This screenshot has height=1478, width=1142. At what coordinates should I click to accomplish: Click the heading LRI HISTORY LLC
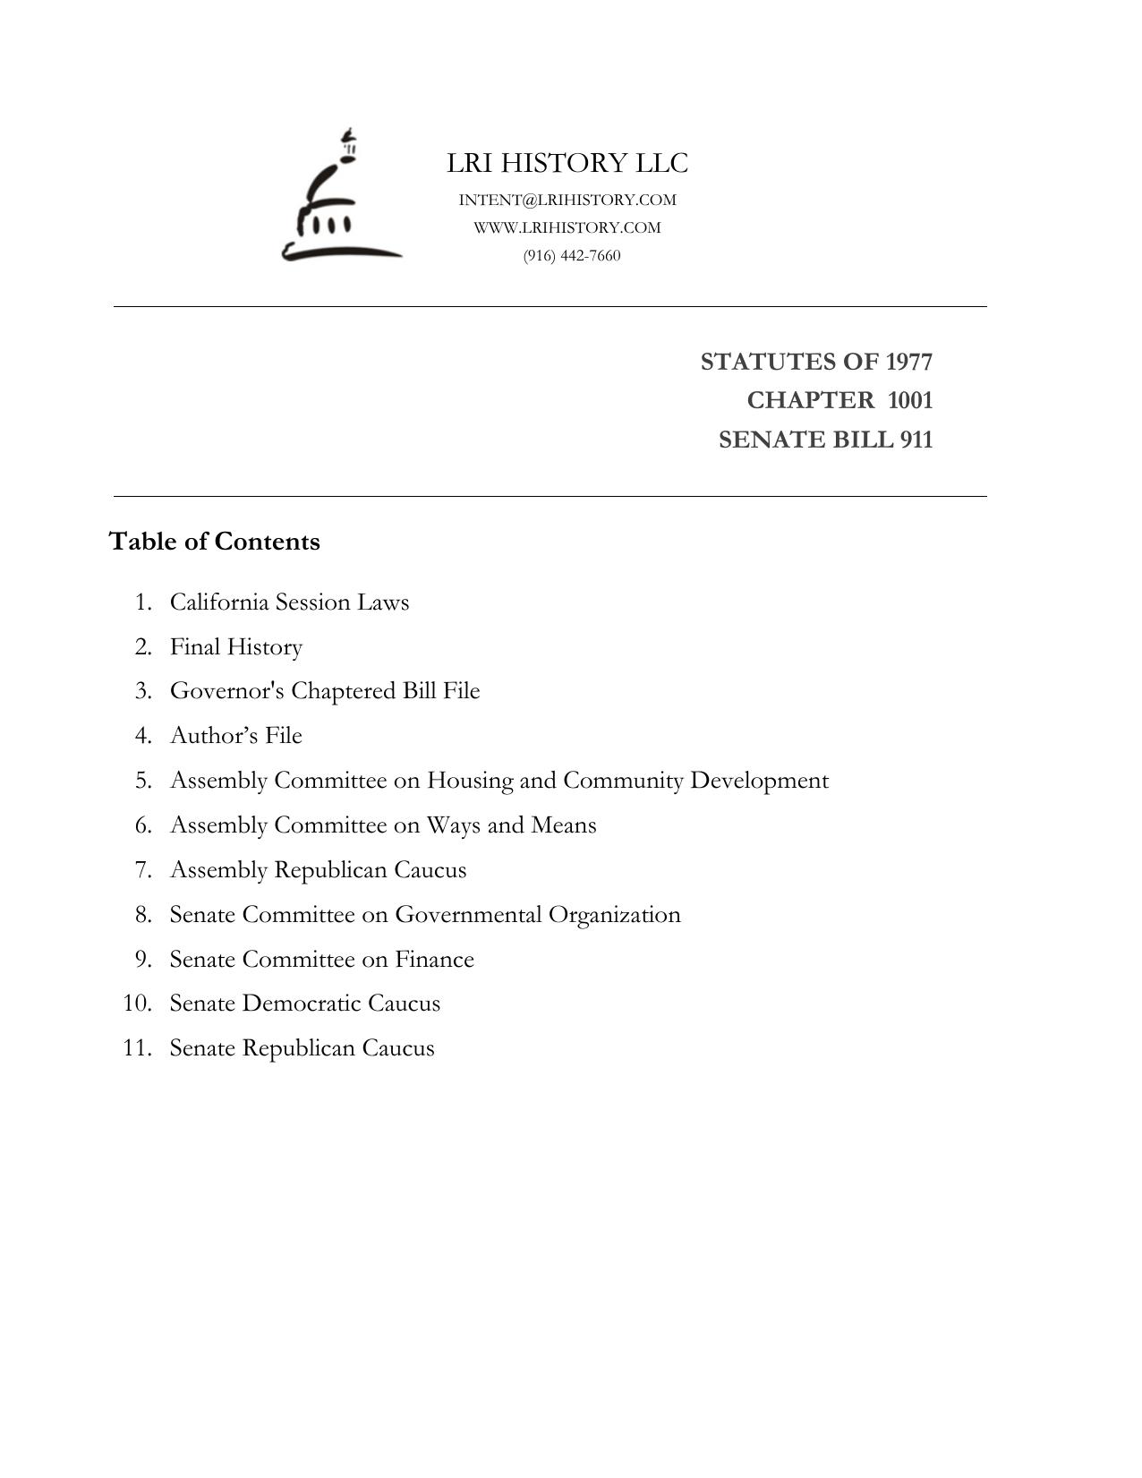[x=567, y=163]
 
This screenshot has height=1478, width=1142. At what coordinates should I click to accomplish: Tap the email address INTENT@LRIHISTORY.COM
[x=567, y=200]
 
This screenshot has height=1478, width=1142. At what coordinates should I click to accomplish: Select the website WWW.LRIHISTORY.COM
[x=567, y=227]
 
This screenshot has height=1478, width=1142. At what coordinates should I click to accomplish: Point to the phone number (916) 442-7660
[x=572, y=255]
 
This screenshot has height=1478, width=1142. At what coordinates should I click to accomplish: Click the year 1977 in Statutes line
[x=908, y=362]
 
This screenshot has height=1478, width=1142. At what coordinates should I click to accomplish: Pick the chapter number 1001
[x=910, y=400]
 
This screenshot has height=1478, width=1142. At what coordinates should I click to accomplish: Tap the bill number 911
[x=916, y=440]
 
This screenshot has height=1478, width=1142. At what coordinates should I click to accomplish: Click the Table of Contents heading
[x=214, y=542]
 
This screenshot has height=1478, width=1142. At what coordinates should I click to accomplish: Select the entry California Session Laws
[x=289, y=602]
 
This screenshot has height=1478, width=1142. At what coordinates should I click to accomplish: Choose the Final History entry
[x=236, y=646]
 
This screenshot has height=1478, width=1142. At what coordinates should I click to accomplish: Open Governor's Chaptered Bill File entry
[x=325, y=691]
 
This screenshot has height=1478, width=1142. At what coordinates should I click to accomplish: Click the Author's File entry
[x=236, y=735]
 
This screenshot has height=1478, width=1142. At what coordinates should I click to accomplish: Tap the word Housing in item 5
[x=469, y=781]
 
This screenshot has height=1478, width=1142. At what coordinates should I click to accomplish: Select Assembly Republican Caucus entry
[x=318, y=869]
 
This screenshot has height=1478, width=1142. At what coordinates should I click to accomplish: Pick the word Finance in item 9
[x=434, y=959]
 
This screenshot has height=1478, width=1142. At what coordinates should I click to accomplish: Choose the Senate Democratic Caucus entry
[x=304, y=1003]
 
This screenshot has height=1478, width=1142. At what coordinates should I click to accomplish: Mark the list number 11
[x=137, y=1047]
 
